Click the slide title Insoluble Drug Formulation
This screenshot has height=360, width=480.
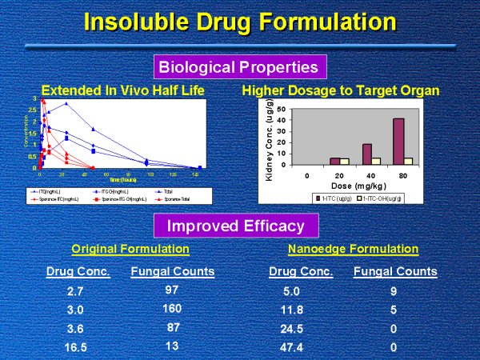tap(240, 22)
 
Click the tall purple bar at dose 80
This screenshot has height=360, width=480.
tap(398, 141)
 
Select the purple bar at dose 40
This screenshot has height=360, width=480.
tap(366, 154)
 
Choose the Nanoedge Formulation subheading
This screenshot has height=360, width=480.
tap(353, 249)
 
